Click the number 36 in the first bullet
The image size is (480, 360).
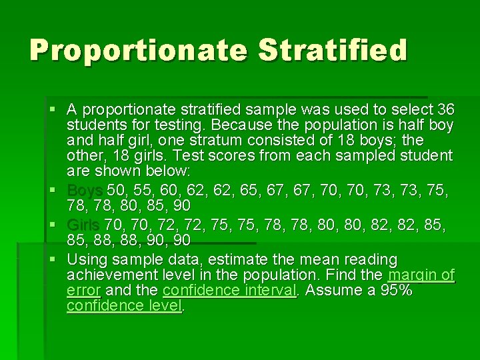445,109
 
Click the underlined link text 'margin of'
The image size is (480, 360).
421,275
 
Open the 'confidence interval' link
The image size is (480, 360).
229,290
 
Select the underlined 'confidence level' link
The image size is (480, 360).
124,305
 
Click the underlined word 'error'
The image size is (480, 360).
83,290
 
